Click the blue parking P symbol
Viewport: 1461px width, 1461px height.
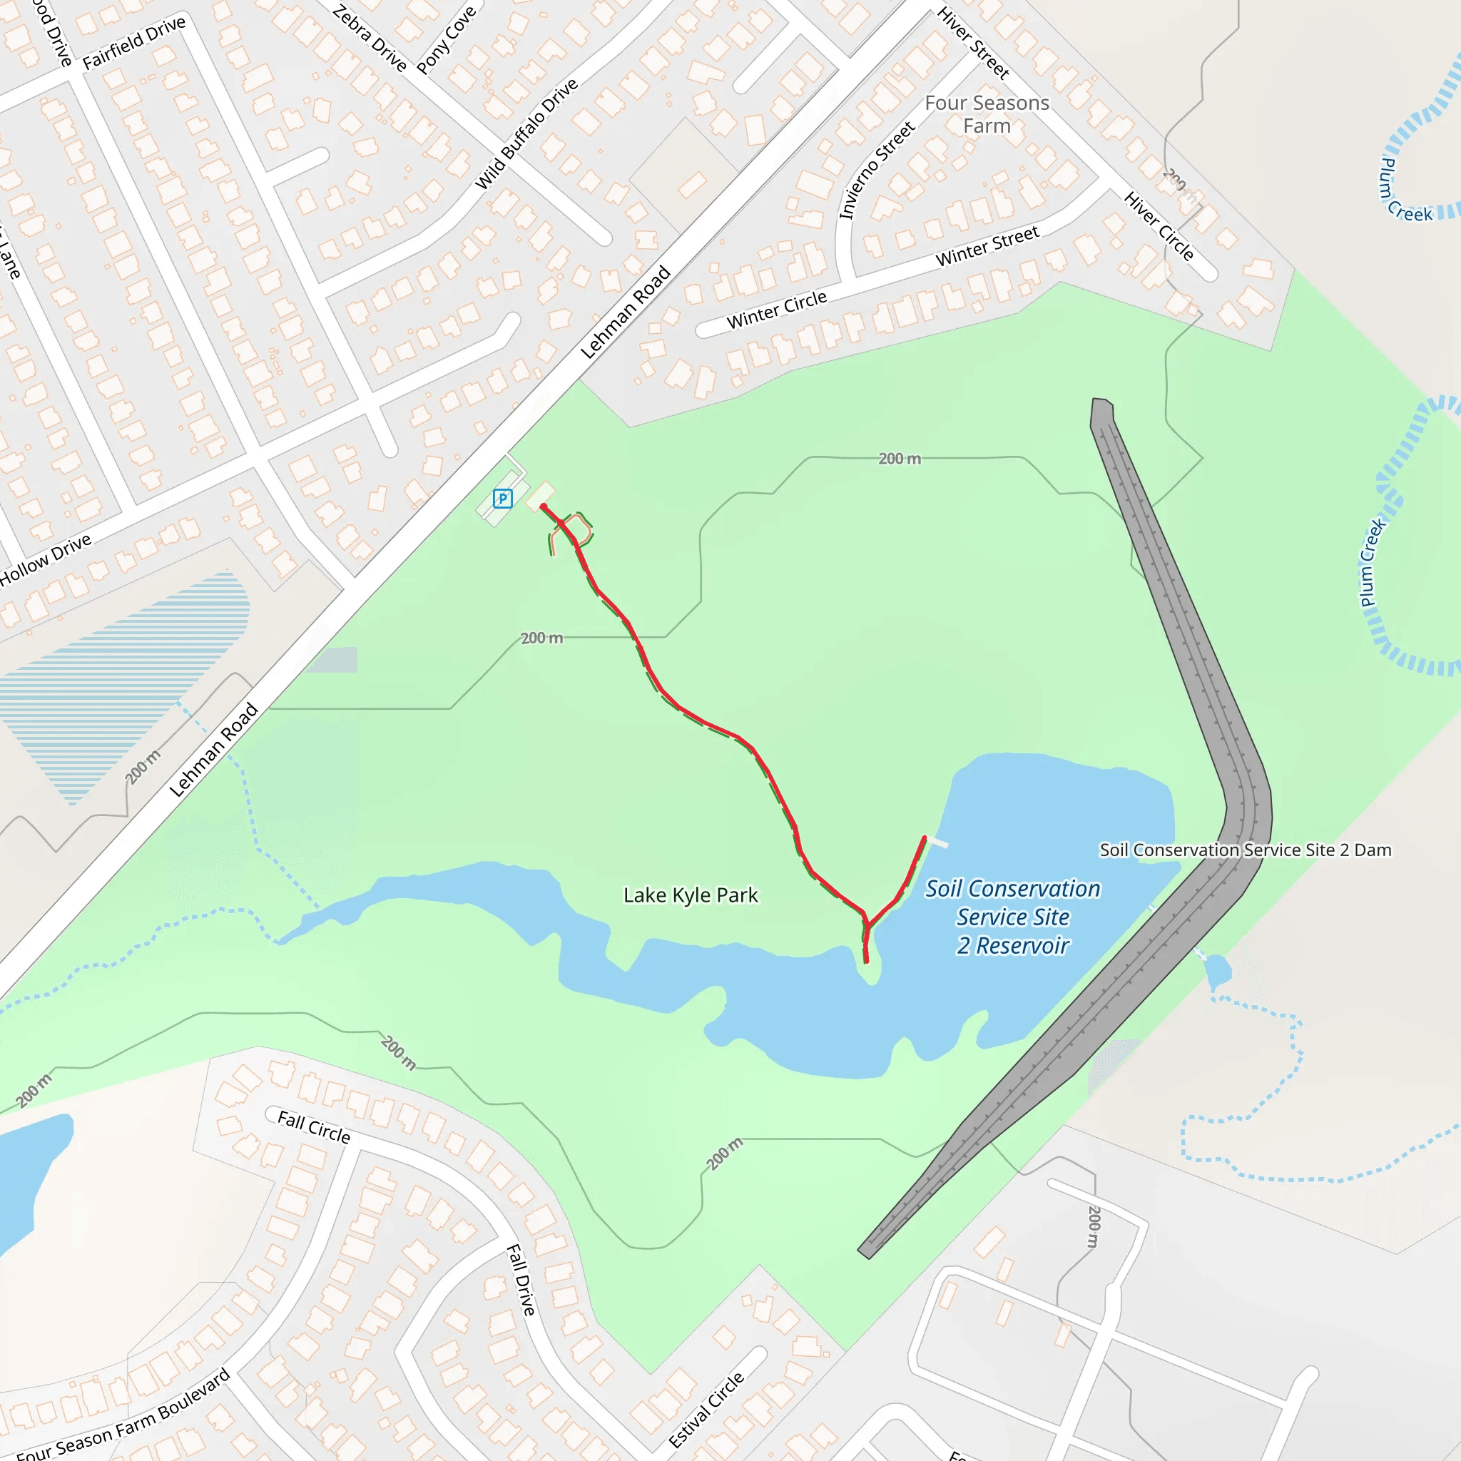pos(502,499)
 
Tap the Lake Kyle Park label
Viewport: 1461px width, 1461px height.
pos(690,895)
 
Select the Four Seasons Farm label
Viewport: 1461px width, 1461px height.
pos(987,114)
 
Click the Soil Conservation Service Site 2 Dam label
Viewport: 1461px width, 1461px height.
pos(1245,850)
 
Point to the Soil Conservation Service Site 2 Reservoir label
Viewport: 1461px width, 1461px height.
pos(1012,917)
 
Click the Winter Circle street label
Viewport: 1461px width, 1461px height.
pos(777,310)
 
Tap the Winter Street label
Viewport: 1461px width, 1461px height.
pos(987,247)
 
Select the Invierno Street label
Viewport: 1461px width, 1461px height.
pos(877,171)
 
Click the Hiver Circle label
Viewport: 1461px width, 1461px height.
pos(1159,226)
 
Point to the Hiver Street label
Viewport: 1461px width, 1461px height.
pos(973,43)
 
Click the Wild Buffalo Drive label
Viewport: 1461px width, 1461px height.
pos(526,134)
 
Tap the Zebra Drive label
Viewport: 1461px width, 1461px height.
pos(370,38)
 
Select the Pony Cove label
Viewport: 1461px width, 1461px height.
pos(446,40)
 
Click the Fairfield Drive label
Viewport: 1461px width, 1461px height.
pos(134,42)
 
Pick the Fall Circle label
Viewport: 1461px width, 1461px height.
pos(314,1126)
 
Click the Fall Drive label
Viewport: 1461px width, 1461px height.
pos(521,1280)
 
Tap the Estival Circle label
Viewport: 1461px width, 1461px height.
pos(706,1410)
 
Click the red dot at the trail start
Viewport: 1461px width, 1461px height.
pos(543,506)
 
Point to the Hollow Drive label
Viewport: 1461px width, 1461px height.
pos(46,559)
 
